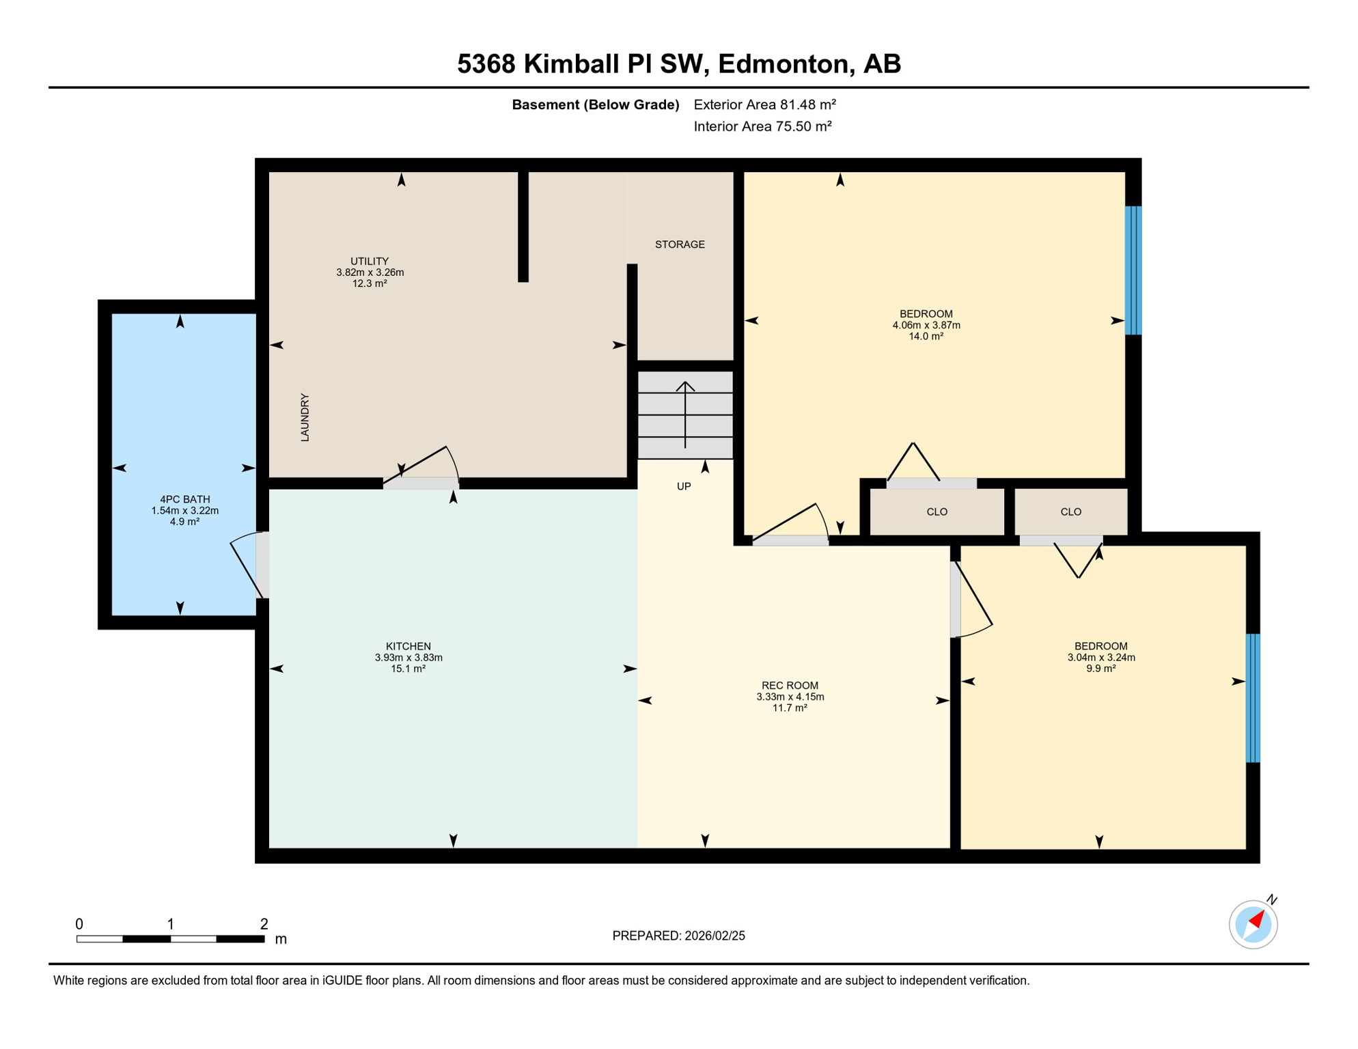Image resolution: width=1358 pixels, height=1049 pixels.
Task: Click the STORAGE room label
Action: pyautogui.click(x=680, y=244)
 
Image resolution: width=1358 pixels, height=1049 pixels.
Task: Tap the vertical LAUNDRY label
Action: pyautogui.click(x=305, y=417)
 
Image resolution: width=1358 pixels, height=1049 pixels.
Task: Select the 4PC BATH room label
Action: pyautogui.click(x=185, y=499)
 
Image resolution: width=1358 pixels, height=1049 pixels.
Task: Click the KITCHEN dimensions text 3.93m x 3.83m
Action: pyautogui.click(x=408, y=658)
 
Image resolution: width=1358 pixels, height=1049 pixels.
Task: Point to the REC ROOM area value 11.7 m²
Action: pyautogui.click(x=790, y=708)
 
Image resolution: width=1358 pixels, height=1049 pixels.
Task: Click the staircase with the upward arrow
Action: pyautogui.click(x=685, y=415)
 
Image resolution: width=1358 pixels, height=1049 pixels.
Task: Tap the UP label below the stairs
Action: pyautogui.click(x=684, y=486)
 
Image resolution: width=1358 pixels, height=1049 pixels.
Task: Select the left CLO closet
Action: pyautogui.click(x=937, y=512)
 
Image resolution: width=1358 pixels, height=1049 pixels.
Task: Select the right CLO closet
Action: pyautogui.click(x=1070, y=512)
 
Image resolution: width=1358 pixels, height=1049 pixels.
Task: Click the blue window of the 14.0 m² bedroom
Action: pyautogui.click(x=1133, y=270)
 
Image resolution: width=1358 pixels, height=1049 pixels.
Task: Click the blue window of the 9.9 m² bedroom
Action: pyautogui.click(x=1253, y=698)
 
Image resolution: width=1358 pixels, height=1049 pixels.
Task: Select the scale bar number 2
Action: pyautogui.click(x=264, y=924)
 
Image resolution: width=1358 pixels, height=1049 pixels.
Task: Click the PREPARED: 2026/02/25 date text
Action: pyautogui.click(x=678, y=936)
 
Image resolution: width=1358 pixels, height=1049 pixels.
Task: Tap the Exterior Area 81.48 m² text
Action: pyautogui.click(x=764, y=104)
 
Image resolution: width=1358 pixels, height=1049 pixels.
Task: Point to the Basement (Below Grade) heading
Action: pyautogui.click(x=596, y=104)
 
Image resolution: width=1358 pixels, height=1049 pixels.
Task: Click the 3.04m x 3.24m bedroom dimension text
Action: pyautogui.click(x=1101, y=658)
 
